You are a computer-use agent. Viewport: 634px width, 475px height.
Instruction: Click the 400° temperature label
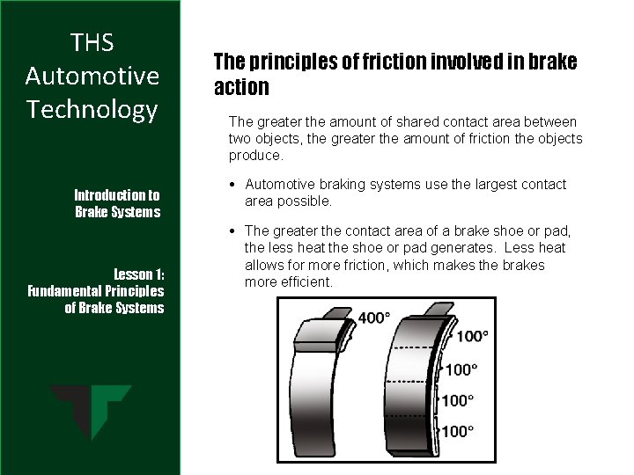[374, 318]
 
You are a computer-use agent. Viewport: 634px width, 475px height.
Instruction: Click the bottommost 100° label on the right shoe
[456, 431]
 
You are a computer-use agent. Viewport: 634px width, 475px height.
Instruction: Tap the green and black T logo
[91, 412]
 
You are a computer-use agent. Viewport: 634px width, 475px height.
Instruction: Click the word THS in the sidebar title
[92, 42]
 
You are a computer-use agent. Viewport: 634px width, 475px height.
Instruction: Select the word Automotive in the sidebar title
[92, 77]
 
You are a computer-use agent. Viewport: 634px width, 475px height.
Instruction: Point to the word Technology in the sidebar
[92, 110]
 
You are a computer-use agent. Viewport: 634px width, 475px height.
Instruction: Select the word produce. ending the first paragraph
[255, 155]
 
